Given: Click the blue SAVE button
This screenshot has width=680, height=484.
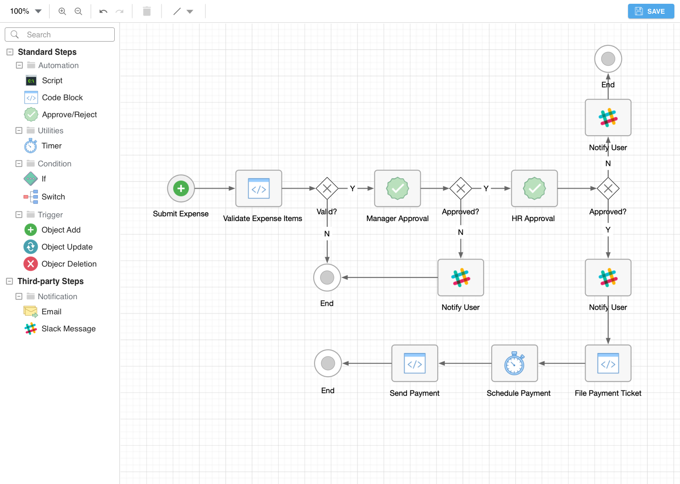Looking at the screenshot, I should [651, 11].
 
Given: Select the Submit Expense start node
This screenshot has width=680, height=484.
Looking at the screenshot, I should [181, 189].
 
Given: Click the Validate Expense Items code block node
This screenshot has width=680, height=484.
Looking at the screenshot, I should [259, 189].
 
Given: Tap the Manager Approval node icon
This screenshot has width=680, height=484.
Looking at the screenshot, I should [398, 189].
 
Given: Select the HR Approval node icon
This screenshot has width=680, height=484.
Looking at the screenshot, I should [535, 189].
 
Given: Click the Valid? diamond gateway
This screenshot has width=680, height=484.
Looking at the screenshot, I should [327, 189].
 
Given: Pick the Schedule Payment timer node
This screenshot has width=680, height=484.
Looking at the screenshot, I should [514, 363].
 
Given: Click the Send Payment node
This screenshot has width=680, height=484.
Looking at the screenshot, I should [415, 363].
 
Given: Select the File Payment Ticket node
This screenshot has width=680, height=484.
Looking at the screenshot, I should [608, 363].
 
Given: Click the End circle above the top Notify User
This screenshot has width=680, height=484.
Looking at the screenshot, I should [608, 59].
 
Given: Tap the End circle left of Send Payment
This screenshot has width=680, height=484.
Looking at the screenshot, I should [328, 363].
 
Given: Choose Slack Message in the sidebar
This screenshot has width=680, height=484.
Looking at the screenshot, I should [68, 328].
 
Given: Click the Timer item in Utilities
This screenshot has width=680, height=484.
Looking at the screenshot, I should [51, 146].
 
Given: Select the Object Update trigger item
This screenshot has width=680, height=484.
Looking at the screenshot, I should [67, 247].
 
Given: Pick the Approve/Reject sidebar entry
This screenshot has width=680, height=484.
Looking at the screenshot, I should [69, 114].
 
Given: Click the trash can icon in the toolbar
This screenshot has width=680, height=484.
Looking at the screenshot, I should [147, 11].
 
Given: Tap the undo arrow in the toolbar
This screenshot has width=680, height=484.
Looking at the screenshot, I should [103, 11].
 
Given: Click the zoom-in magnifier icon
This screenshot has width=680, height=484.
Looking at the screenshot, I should [62, 11].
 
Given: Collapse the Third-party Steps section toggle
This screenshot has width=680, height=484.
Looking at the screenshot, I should [9, 281].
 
